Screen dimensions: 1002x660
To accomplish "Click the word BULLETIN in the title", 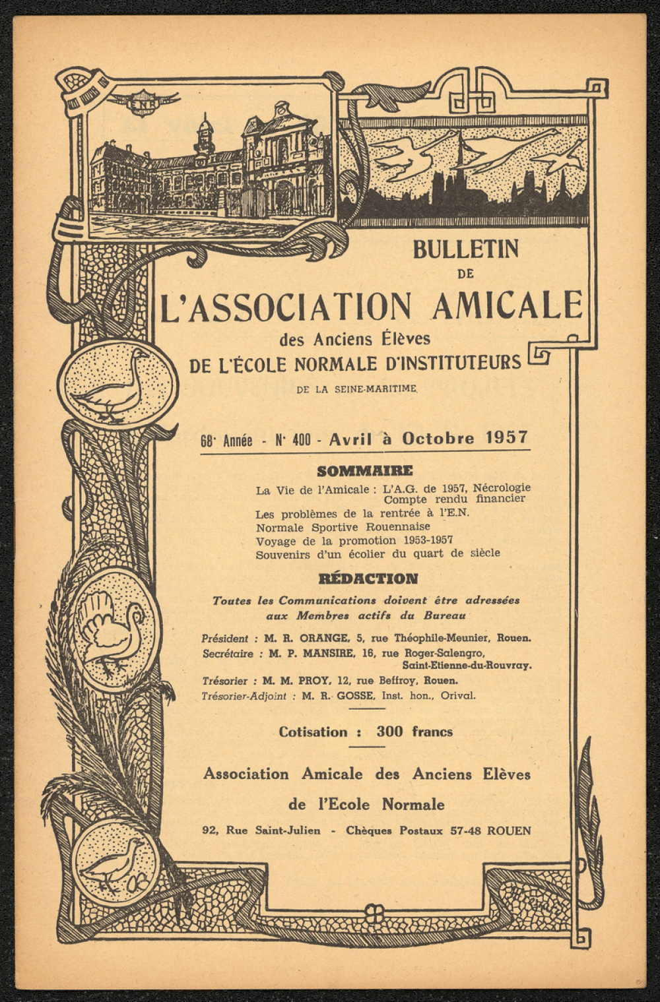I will pyautogui.click(x=465, y=249).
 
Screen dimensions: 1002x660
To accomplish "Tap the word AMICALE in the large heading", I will pyautogui.click(x=507, y=304).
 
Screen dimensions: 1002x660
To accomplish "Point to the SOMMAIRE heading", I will pyautogui.click(x=364, y=471).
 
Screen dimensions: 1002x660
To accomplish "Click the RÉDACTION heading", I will pyautogui.click(x=368, y=579).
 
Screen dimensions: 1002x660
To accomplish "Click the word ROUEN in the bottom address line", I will pyautogui.click(x=509, y=831).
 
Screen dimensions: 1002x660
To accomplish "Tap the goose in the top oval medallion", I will pyautogui.click(x=115, y=384).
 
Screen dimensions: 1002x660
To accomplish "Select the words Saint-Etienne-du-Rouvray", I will pyautogui.click(x=467, y=666).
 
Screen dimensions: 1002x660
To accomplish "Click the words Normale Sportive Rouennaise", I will pyautogui.click(x=343, y=526).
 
